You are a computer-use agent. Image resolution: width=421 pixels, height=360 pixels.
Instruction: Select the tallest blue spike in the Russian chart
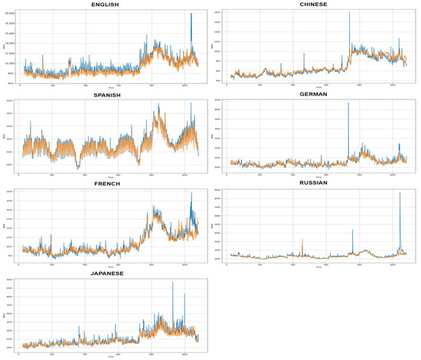(x=400, y=194)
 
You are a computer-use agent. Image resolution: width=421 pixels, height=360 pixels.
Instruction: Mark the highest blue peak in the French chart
(x=191, y=195)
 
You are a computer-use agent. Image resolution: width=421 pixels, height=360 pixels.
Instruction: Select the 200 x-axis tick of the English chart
(x=52, y=84)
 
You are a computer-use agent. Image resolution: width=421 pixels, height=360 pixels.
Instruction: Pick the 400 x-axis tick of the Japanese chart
(x=85, y=353)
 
